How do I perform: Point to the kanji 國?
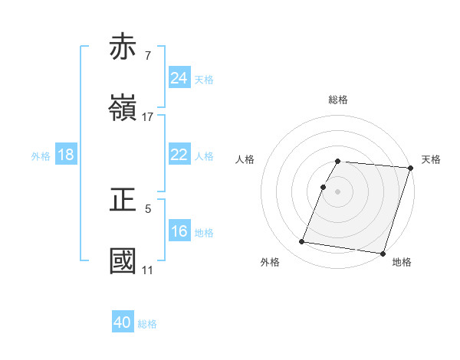coord(124,260)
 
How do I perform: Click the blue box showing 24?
coord(179,78)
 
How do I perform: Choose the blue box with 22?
coord(179,154)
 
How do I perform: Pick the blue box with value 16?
coord(179,231)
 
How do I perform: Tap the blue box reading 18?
coord(66,155)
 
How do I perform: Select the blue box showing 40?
coord(123,322)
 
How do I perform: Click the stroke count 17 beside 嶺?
coord(148,117)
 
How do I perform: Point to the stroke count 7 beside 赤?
coord(147,55)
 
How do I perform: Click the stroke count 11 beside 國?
coord(147,270)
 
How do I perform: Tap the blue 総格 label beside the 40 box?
coord(148,324)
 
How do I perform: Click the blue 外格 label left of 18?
coord(41,155)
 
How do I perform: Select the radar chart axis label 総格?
coord(337,100)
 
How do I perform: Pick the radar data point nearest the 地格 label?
coord(382,253)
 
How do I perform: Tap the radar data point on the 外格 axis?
coord(302,241)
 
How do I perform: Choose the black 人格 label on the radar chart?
coord(245,159)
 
